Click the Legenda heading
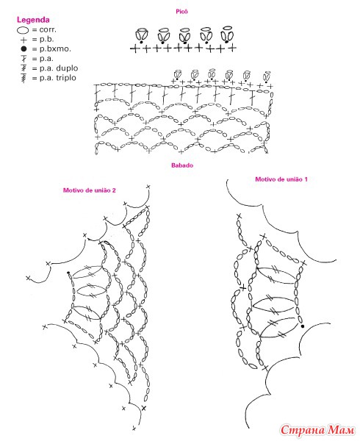[33, 20]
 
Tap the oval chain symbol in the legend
[23, 30]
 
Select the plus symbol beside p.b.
[24, 40]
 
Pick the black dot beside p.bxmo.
[24, 49]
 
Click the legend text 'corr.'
[48, 29]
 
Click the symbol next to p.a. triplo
[24, 78]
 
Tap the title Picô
[181, 12]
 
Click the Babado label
[182, 165]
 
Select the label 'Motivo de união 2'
[90, 190]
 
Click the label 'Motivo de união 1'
[281, 179]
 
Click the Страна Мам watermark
[317, 429]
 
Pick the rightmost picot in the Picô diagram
[227, 35]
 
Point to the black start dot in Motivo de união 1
[303, 326]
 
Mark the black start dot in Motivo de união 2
[68, 273]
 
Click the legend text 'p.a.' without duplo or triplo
[46, 59]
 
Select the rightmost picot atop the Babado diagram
[267, 76]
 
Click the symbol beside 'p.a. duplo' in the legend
[24, 68]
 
